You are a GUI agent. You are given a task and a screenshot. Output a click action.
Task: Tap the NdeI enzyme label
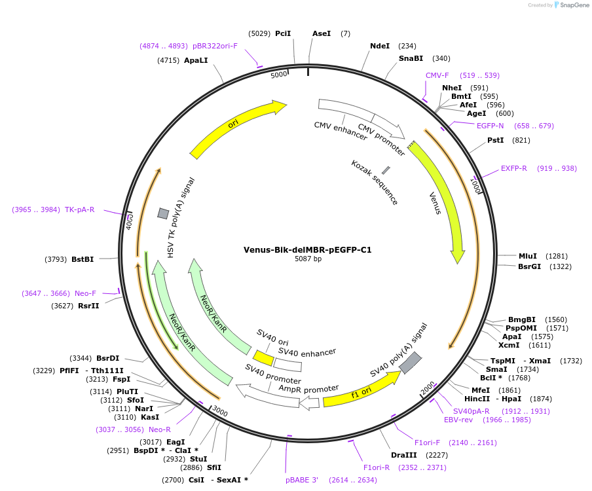(380, 46)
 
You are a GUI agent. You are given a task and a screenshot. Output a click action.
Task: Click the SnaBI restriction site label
(411, 58)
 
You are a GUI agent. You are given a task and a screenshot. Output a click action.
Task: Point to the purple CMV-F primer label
(437, 75)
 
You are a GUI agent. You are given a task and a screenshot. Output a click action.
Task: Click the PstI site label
(496, 140)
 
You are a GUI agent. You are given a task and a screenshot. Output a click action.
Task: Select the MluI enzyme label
(527, 256)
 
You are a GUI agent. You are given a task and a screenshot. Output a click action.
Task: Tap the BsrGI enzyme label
(529, 266)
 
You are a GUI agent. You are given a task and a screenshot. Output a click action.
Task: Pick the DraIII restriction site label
(403, 455)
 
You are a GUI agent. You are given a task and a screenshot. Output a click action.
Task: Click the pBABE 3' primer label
(301, 480)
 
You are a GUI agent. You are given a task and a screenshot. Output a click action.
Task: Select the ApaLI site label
(196, 60)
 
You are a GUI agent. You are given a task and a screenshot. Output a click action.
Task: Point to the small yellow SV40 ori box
(263, 357)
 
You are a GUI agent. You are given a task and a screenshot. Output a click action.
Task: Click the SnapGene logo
(571, 5)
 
